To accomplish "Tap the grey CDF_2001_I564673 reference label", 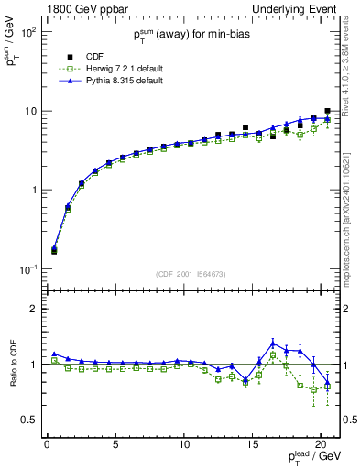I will pyautogui.click(x=193, y=273).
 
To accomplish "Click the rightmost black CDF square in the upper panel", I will pyautogui.click(x=327, y=111).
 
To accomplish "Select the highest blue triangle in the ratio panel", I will pyautogui.click(x=272, y=344).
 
